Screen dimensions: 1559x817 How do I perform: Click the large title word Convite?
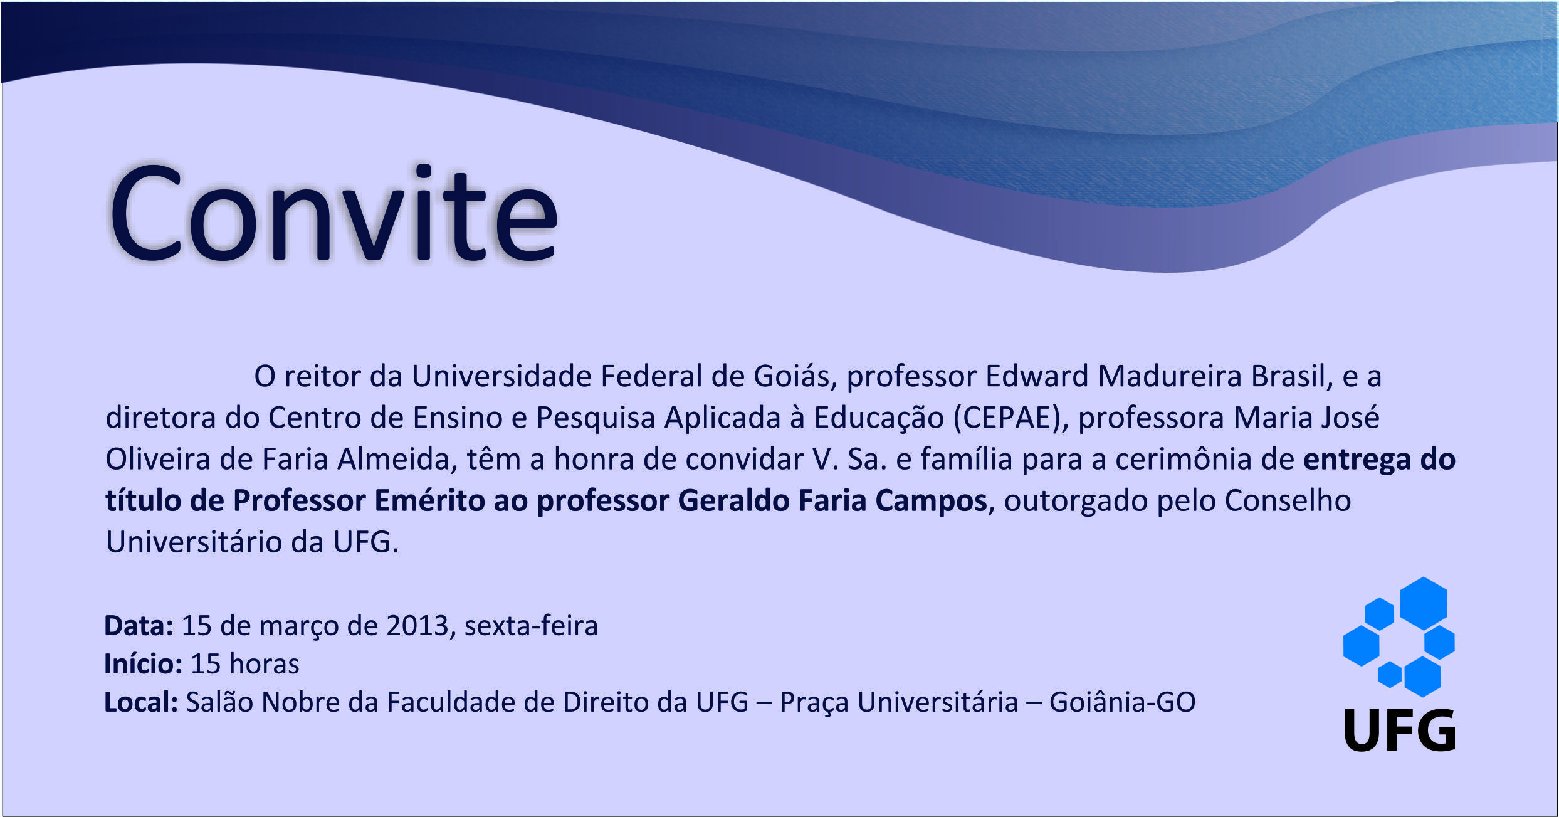tap(333, 213)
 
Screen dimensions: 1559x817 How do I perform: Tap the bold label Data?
tap(139, 626)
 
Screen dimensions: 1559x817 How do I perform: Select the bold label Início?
tap(144, 663)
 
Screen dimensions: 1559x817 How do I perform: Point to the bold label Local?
tap(141, 702)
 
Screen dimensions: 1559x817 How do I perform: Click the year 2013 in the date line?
tap(417, 626)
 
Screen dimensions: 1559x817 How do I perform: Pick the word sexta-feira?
tap(531, 626)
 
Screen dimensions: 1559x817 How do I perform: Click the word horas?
tap(264, 663)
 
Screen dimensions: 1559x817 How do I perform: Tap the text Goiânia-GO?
tap(1122, 702)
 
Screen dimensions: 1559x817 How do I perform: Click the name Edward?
tap(1036, 376)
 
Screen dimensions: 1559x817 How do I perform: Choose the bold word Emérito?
tap(433, 500)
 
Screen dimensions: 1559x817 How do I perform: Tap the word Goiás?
tap(795, 376)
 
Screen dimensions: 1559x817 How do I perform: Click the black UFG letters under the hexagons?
tap(1399, 730)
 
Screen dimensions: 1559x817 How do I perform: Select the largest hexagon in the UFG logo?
tap(1424, 603)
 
